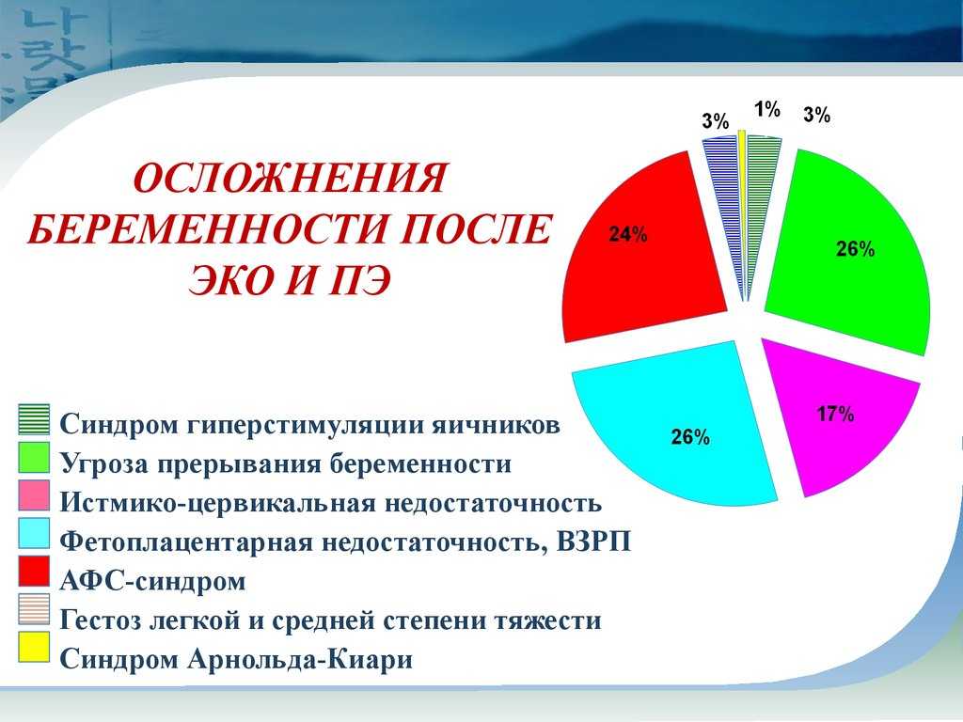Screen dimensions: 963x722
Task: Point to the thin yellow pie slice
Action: coord(742,203)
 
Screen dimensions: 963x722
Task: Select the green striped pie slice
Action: coord(760,196)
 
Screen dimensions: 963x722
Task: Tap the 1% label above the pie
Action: coord(767,109)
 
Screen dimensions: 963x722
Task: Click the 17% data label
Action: coord(835,415)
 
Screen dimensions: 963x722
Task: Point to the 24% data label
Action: coord(627,234)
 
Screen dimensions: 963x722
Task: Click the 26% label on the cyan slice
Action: coord(690,437)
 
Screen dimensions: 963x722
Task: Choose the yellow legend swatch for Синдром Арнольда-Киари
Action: coord(34,647)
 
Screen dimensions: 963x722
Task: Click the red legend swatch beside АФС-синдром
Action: coord(34,571)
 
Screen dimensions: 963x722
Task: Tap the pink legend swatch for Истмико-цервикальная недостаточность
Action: coord(34,494)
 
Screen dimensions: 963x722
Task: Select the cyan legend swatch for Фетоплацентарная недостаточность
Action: coord(34,533)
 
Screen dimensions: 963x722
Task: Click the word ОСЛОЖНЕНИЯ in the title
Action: coord(290,179)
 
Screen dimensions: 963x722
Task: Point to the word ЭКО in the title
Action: coord(229,281)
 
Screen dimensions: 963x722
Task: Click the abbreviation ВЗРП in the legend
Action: coord(593,542)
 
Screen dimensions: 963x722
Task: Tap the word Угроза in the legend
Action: coord(103,464)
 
